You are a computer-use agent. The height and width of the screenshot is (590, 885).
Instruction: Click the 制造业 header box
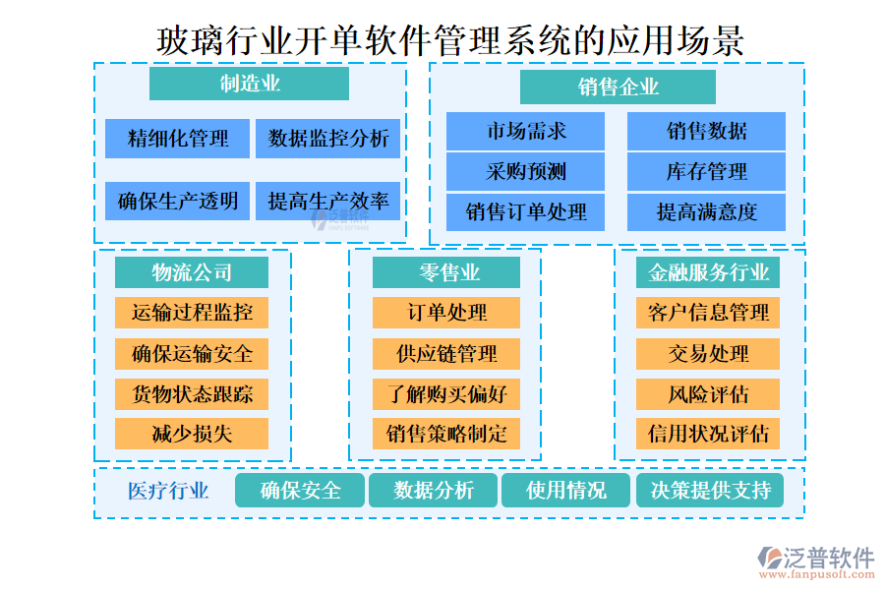tap(249, 84)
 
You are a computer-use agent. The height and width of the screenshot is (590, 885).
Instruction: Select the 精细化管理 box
tap(178, 139)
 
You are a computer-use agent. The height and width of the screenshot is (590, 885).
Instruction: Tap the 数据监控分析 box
tap(328, 139)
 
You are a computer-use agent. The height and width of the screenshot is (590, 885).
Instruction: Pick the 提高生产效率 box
tap(328, 202)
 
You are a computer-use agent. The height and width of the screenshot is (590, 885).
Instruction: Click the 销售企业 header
tap(618, 87)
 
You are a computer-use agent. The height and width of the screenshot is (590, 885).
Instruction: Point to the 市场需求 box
tap(526, 131)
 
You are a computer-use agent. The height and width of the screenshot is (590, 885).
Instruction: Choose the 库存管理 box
tap(706, 171)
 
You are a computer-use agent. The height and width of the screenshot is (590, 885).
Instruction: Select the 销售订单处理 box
tap(526, 211)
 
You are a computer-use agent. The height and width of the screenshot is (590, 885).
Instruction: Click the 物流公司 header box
tap(192, 272)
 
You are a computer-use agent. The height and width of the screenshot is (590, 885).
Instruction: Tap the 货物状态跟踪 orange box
tap(192, 394)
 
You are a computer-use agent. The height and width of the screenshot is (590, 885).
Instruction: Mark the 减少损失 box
tap(192, 434)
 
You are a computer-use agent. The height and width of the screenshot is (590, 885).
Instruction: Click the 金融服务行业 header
tap(708, 272)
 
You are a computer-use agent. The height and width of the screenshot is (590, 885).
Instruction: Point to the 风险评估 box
tap(708, 394)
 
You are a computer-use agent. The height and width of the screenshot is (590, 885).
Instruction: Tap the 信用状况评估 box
tap(708, 434)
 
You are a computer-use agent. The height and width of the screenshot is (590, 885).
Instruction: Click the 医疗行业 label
tap(168, 491)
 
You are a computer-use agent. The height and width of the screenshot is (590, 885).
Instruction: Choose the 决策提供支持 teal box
tap(710, 490)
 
